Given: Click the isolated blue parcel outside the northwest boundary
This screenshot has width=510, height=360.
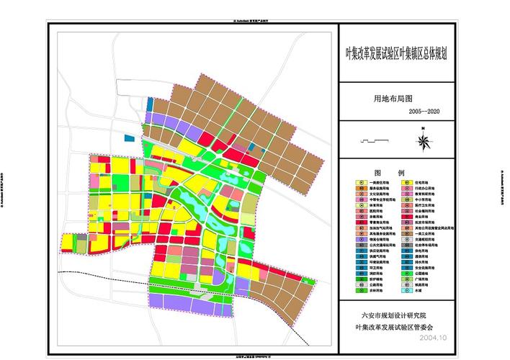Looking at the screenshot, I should pos(130,138).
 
